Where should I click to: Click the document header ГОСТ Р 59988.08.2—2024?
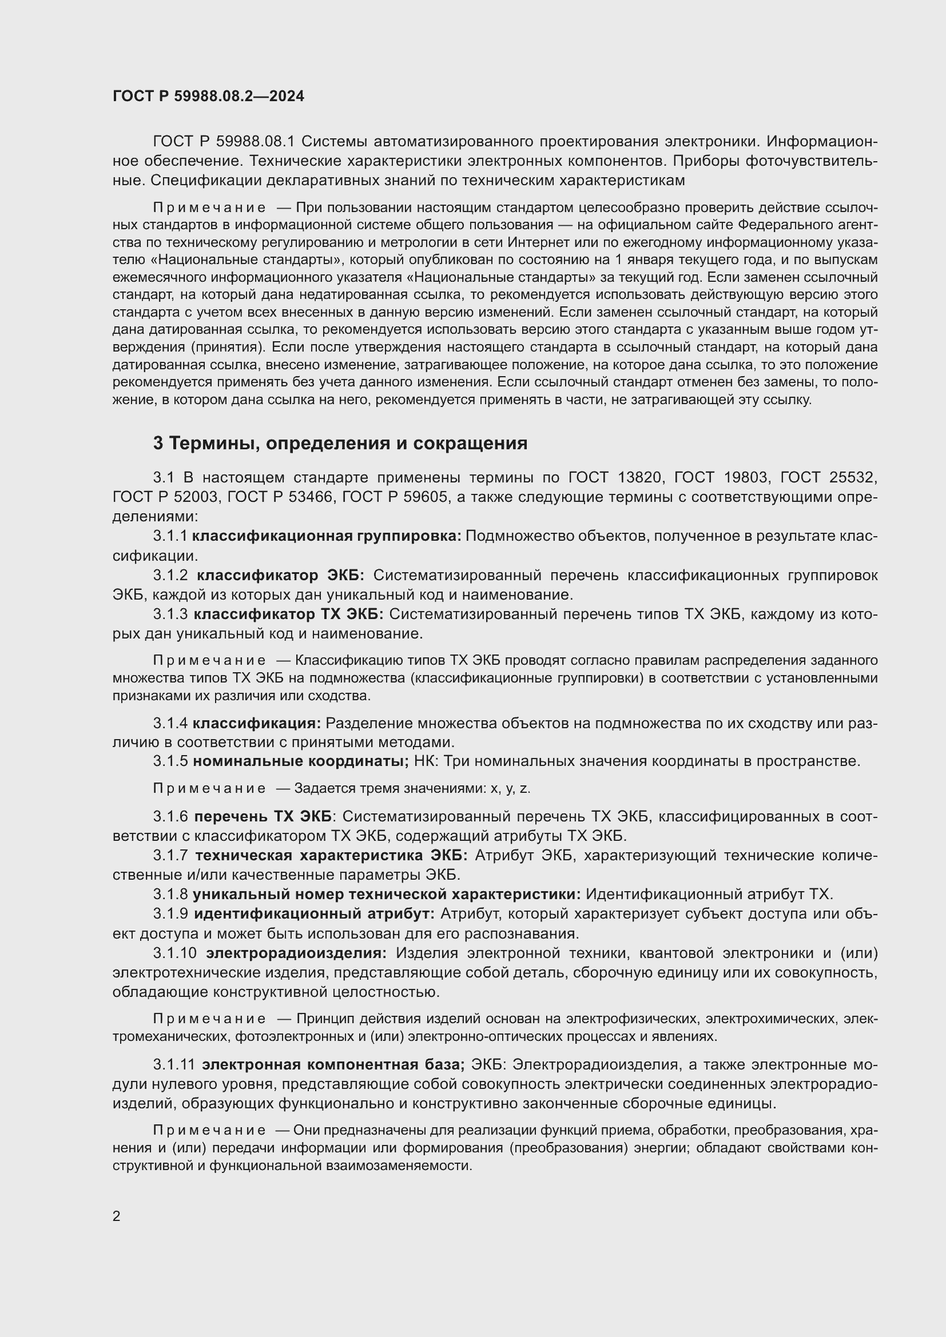tap(208, 97)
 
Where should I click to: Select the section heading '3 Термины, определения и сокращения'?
tap(340, 444)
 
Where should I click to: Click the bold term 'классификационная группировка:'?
tap(327, 536)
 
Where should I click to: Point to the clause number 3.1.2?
tap(170, 576)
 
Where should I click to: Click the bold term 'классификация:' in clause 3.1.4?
tap(257, 723)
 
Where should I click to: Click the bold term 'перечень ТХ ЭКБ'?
tap(262, 816)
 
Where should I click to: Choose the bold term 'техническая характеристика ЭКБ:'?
tap(331, 856)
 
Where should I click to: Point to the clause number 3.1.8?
tap(170, 894)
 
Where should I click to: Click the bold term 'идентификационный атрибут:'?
tap(314, 913)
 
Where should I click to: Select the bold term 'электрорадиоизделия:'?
tap(296, 953)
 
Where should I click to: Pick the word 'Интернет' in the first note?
tap(532, 242)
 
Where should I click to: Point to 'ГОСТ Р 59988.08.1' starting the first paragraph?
tap(224, 142)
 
